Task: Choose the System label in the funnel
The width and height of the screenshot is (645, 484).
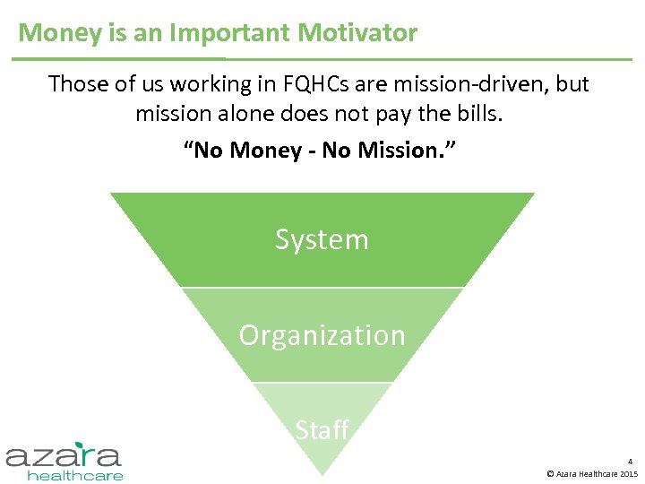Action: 322,240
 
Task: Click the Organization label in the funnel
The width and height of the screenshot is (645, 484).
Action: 322,335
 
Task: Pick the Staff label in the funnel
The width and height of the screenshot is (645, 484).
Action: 322,430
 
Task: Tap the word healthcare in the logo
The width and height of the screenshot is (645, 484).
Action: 75,475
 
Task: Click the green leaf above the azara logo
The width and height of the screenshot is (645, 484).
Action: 84,444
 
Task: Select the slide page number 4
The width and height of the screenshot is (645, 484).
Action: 630,461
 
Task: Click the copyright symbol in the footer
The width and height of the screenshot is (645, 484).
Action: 549,473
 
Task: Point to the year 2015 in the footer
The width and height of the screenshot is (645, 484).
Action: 628,473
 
